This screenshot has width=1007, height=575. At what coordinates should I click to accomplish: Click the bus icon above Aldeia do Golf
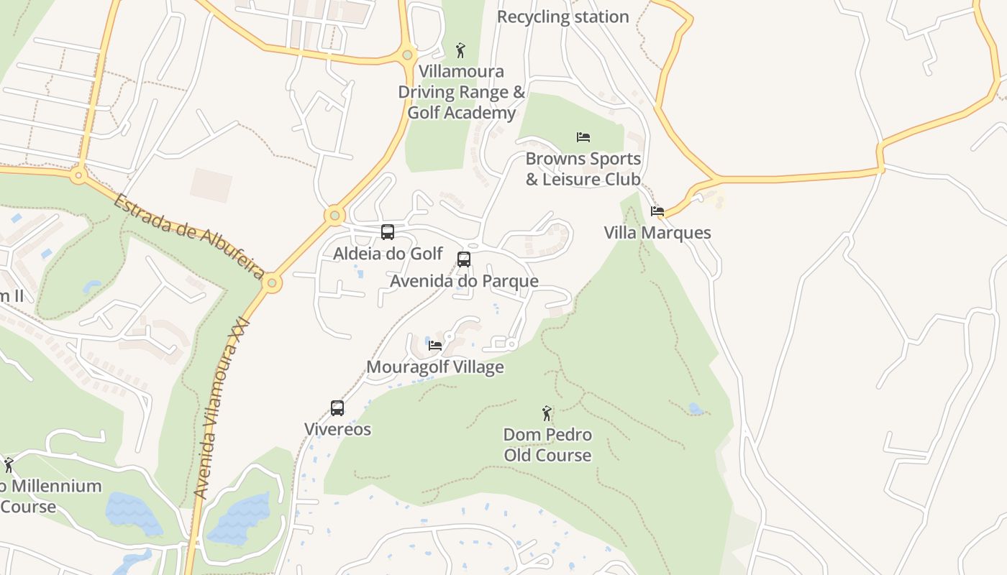pyautogui.click(x=388, y=232)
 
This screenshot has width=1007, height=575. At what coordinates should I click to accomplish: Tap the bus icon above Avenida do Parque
pyautogui.click(x=464, y=259)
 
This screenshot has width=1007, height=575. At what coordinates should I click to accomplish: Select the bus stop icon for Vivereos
pyautogui.click(x=337, y=408)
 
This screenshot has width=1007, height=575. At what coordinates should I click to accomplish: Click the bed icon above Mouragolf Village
pyautogui.click(x=435, y=345)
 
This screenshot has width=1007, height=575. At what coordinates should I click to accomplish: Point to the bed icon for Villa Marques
pyautogui.click(x=657, y=211)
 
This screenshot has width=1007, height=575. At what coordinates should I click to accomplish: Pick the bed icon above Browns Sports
pyautogui.click(x=583, y=137)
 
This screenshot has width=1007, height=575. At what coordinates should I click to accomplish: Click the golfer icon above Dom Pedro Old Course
pyautogui.click(x=547, y=413)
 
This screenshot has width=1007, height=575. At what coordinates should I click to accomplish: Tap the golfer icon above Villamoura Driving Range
pyautogui.click(x=460, y=50)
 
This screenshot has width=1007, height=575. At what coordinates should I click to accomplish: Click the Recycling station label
pyautogui.click(x=562, y=17)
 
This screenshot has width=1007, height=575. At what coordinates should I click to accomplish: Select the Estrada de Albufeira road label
pyautogui.click(x=188, y=235)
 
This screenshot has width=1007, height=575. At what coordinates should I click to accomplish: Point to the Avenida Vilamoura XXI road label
pyautogui.click(x=222, y=408)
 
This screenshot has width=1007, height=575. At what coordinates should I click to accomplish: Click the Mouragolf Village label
pyautogui.click(x=435, y=367)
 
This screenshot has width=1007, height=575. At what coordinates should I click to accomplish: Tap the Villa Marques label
pyautogui.click(x=657, y=233)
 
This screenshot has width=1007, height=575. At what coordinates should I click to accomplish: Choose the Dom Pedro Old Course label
pyautogui.click(x=547, y=445)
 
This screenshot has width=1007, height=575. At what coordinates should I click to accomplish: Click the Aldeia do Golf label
pyautogui.click(x=388, y=254)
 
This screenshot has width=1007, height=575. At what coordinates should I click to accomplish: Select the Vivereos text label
pyautogui.click(x=337, y=430)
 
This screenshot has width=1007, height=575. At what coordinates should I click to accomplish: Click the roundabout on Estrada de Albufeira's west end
pyautogui.click(x=78, y=173)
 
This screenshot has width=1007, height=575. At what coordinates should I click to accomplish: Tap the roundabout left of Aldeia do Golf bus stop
pyautogui.click(x=334, y=215)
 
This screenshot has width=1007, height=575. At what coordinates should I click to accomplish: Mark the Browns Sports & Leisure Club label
pyautogui.click(x=583, y=169)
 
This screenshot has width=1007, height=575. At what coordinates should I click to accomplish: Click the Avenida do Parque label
pyautogui.click(x=464, y=281)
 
